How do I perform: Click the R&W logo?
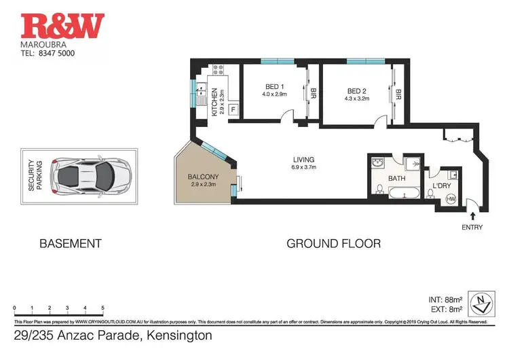point(63,25)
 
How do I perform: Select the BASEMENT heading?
point(70,243)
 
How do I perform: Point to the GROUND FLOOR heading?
point(333,243)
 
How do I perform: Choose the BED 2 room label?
point(357,91)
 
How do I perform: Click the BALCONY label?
point(204,178)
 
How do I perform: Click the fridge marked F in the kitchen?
point(233,109)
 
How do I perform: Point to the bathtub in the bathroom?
point(396,195)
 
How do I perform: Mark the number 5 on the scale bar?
point(102,308)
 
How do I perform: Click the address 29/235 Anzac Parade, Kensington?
point(113,336)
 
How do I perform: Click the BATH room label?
point(396,179)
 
